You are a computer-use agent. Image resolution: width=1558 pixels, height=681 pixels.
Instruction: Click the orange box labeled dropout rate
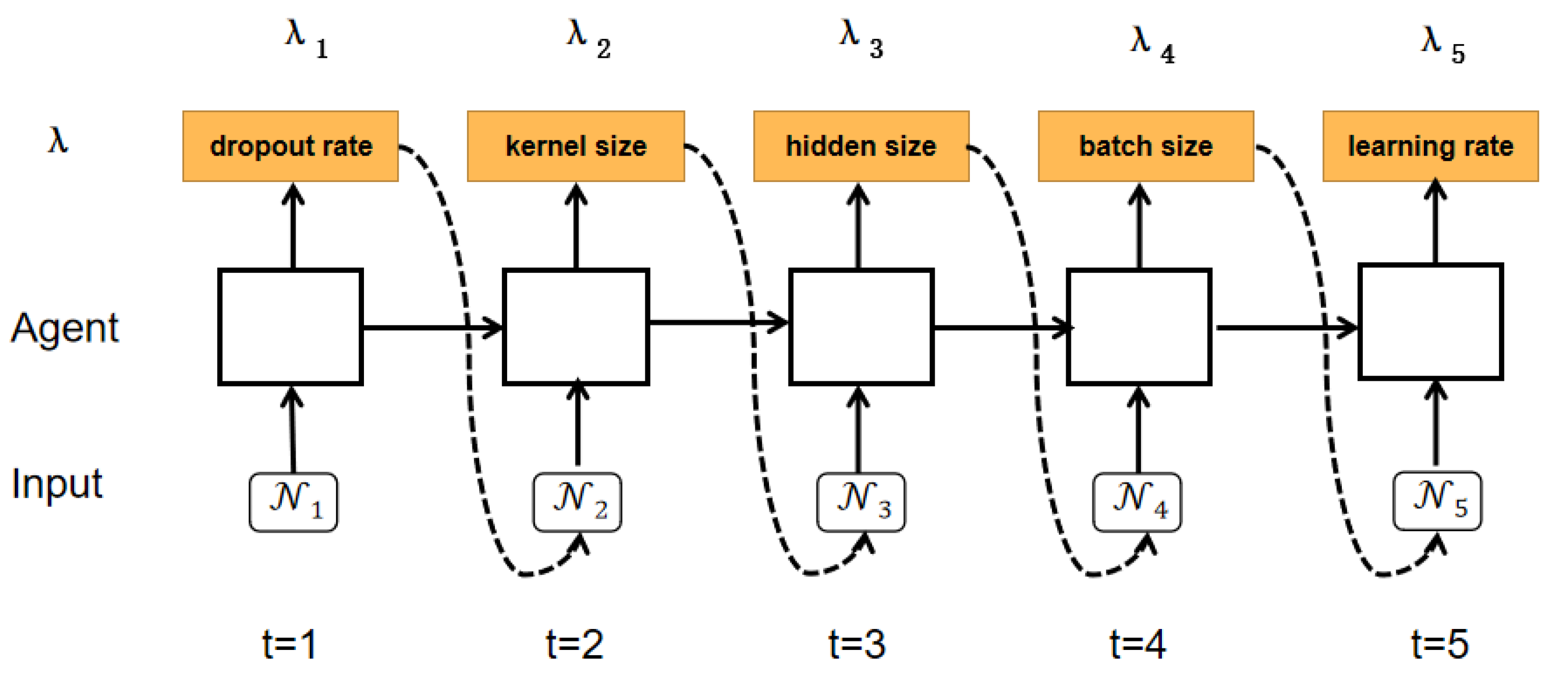point(290,146)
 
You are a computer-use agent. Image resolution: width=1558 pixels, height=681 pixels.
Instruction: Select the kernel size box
point(576,146)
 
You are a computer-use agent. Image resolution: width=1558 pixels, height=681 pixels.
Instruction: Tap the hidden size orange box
point(861,146)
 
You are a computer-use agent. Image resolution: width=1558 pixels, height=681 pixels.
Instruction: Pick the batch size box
point(1146,146)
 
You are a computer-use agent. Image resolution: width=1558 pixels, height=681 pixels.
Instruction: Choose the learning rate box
point(1430,146)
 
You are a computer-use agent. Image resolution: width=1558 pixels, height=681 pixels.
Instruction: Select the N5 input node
point(1437,501)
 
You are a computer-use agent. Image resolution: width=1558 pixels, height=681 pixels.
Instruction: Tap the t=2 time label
point(574,644)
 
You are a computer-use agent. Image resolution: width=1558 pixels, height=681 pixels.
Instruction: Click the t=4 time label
point(1137,644)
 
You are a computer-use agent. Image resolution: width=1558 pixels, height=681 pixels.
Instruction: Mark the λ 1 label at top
point(306,39)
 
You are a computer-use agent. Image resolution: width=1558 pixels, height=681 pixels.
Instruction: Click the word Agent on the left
point(65,328)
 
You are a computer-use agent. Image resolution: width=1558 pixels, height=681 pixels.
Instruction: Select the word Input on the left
point(57,484)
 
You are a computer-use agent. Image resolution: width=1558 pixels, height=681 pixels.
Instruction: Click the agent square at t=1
point(290,327)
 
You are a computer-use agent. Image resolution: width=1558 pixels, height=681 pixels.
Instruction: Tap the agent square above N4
point(1139,327)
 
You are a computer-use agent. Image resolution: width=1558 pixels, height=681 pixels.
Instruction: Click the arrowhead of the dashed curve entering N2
point(581,543)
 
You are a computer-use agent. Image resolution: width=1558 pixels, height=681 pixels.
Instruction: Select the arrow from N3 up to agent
point(858,430)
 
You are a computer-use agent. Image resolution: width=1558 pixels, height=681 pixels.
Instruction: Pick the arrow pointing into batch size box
point(1139,224)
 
